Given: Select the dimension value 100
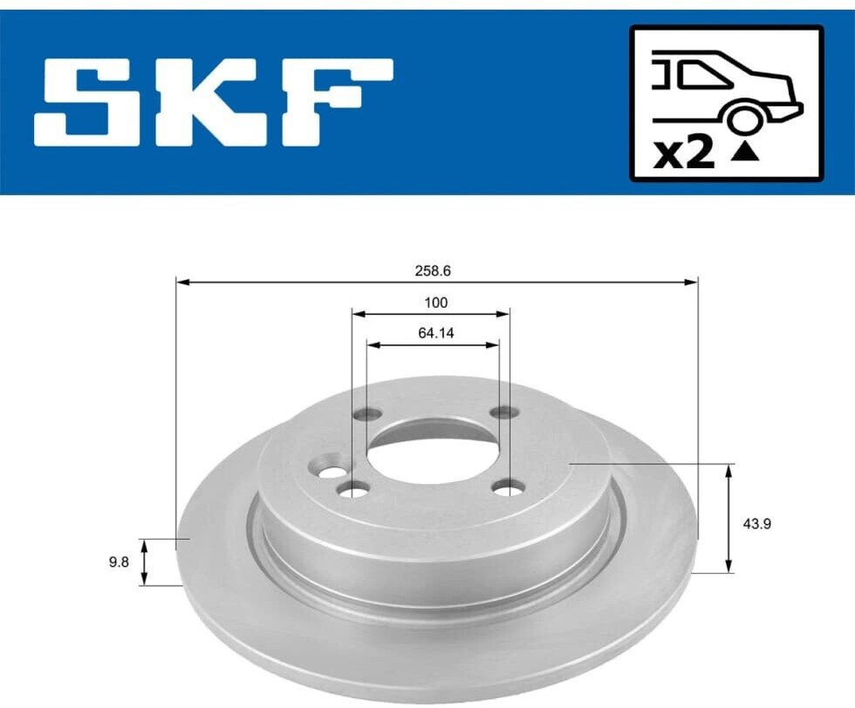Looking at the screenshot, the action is (x=435, y=302).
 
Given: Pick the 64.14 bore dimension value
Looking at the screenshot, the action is (x=435, y=332).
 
